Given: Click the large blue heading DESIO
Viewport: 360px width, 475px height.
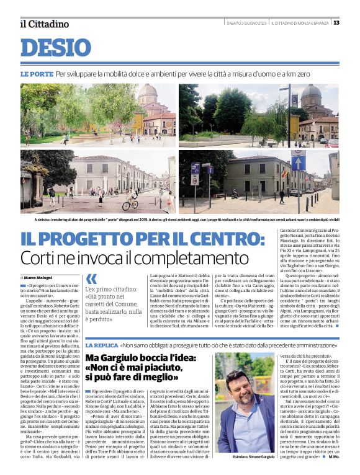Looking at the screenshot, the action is tap(55, 48).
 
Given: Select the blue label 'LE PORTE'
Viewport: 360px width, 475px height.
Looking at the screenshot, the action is tap(37, 74).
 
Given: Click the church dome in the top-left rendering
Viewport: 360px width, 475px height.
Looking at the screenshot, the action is tap(148, 95).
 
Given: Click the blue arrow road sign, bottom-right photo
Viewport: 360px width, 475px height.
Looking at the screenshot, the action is tap(194, 168).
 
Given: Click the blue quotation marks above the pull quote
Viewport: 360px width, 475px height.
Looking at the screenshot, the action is tap(91, 278).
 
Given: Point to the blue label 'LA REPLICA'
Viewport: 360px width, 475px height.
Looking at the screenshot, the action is tap(101, 345).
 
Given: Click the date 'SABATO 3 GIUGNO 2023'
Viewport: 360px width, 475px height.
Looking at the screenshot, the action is tap(246, 23).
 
